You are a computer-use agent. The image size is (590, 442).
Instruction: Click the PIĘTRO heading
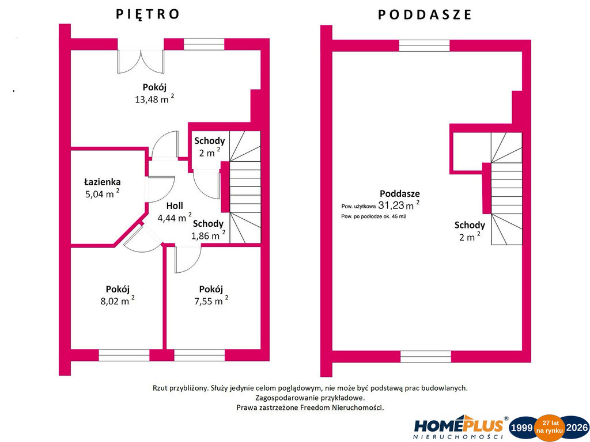click(147, 14)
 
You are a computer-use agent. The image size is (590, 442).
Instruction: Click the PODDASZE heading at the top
click(425, 14)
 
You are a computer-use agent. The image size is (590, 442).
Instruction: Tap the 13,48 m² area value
click(154, 99)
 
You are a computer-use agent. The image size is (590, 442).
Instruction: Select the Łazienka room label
click(103, 182)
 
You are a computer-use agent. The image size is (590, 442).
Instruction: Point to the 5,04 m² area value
click(103, 193)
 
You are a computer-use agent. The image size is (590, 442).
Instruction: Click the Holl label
click(175, 205)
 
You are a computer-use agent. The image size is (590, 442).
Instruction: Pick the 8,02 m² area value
click(118, 300)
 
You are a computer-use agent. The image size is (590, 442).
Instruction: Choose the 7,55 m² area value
click(211, 300)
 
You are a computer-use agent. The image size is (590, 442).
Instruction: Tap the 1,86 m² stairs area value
click(209, 235)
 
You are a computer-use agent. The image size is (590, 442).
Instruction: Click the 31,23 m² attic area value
click(399, 205)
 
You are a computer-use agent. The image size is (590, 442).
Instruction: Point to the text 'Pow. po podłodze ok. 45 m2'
click(373, 216)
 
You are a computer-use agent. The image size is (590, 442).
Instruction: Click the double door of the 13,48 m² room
click(141, 62)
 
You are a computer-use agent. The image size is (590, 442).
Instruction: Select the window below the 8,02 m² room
click(124, 355)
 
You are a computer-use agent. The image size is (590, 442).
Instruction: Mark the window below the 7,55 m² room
click(199, 355)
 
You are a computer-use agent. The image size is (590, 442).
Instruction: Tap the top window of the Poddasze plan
click(424, 45)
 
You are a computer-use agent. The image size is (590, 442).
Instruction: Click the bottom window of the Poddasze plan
click(426, 357)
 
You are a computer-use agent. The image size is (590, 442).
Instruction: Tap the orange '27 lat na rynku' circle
click(550, 428)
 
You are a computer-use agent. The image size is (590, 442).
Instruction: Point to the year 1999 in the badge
click(521, 428)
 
